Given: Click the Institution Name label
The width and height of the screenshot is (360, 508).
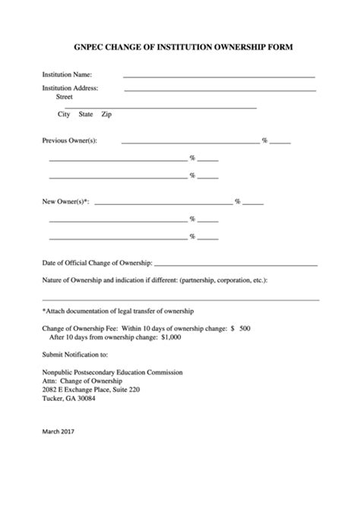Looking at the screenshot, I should tap(67, 75).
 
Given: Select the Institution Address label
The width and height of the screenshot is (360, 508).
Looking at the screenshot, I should tap(70, 88).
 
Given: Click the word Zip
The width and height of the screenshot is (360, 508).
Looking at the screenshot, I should tap(107, 114).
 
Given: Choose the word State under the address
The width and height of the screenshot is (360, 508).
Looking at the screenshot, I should tap(86, 114).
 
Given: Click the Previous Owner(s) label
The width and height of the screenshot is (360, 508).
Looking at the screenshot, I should tap(69, 140).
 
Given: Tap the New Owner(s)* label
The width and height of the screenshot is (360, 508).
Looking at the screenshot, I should tap(65, 201).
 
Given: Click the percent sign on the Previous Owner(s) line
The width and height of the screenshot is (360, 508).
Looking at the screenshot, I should tap(264, 140).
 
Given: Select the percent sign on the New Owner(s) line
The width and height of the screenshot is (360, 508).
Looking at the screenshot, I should tap(238, 201).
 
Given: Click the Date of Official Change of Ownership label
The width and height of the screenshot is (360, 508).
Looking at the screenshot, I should tap(97, 263).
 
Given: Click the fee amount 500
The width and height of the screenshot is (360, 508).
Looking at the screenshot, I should tap(245, 328).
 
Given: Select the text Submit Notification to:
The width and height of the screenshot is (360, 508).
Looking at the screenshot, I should tap(75, 354).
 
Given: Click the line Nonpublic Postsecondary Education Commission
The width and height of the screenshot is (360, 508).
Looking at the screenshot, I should tap(112, 373).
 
